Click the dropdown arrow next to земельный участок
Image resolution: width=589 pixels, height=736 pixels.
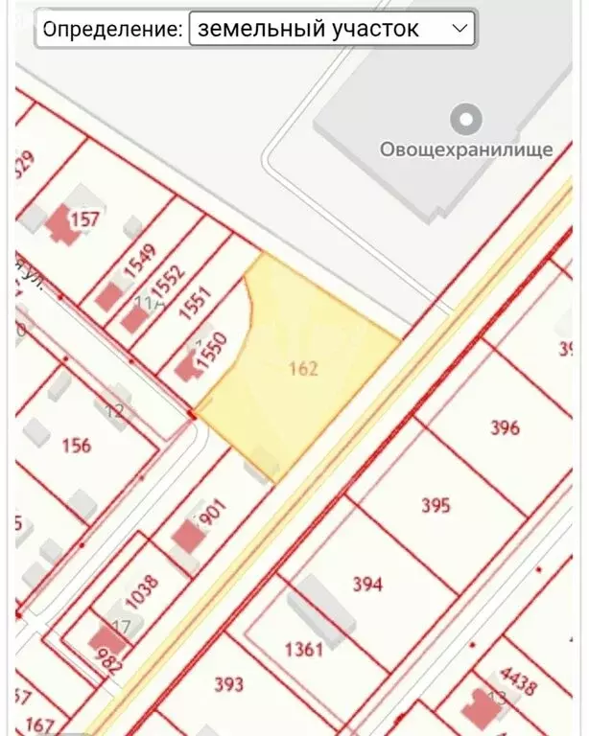coord(459,29)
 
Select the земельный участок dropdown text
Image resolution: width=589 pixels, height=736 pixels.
coord(309,29)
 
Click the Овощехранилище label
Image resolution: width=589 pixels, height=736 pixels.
coord(466,149)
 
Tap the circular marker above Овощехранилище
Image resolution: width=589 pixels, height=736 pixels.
coord(467,120)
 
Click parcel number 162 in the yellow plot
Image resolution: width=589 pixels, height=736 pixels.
coord(303,369)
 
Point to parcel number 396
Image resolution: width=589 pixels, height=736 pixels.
coord(505,427)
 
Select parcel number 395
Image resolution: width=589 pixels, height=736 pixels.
coord(436,505)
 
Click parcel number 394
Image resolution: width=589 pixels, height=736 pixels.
coord(367,584)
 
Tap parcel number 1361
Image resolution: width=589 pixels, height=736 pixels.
coord(304,649)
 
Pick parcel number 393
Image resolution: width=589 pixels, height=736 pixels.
coord(228,684)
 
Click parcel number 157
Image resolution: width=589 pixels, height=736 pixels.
coord(85,219)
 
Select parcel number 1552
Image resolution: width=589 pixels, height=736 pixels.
coord(167,282)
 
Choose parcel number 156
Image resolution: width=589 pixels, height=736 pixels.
coord(76,445)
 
